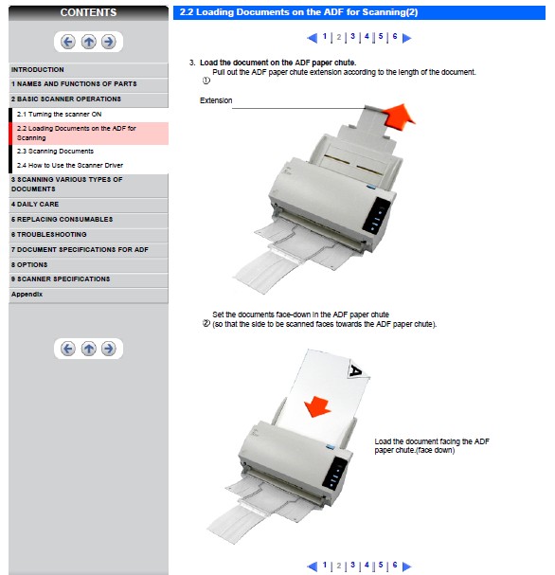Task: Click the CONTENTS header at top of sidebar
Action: [88, 12]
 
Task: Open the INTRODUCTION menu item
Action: [37, 70]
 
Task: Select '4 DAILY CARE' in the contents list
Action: [35, 205]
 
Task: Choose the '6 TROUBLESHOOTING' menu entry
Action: [48, 234]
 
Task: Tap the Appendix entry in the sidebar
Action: [27, 294]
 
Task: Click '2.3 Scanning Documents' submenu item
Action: [55, 151]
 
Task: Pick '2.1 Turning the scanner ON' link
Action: [59, 114]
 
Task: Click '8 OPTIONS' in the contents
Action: [29, 264]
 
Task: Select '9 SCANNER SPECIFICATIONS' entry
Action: [61, 279]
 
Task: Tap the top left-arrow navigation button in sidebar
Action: [68, 42]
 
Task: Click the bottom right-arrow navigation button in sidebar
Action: [109, 349]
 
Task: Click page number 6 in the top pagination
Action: [395, 36]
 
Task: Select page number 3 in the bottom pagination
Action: [352, 565]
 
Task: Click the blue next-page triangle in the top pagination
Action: [406, 38]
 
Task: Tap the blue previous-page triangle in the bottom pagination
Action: [312, 566]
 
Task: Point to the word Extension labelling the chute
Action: [216, 100]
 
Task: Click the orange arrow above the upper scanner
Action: [399, 116]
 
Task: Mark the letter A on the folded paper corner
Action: [356, 370]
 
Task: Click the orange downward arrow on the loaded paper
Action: [317, 406]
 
